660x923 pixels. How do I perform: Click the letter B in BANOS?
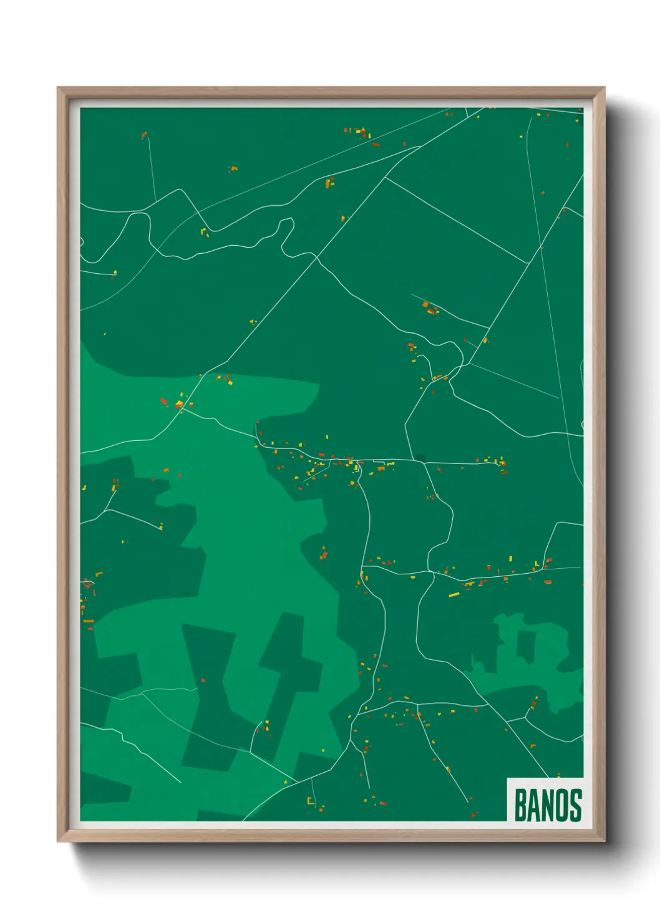coord(520,805)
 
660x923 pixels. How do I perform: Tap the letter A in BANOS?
coord(534,805)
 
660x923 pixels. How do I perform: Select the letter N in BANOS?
coord(548,805)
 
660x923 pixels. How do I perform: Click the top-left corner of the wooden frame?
coord(58,88)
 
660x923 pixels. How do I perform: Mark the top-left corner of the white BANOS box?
coord(507,778)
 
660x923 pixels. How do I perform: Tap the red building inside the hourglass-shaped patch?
coord(203,680)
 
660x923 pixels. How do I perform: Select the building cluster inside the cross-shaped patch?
coord(264,727)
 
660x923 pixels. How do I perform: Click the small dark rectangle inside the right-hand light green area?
coord(525,645)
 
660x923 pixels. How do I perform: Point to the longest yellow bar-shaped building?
coord(454,595)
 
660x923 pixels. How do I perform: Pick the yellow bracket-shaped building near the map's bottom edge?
coord(309,801)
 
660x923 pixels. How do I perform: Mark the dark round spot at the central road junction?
coord(420,458)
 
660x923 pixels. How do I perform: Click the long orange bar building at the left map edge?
coord(89,621)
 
